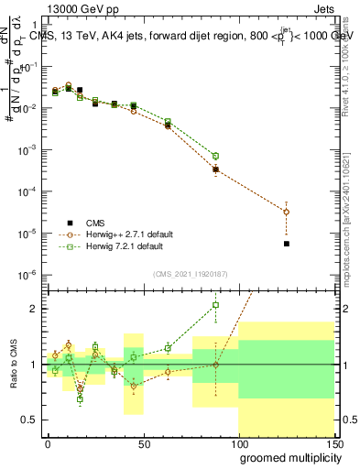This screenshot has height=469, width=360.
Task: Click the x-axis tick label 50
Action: [x=143, y=443]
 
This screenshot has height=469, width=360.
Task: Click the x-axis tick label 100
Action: [x=238, y=443]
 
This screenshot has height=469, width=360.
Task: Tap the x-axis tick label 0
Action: [x=49, y=443]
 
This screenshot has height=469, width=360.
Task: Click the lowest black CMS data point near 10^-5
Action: [x=287, y=244]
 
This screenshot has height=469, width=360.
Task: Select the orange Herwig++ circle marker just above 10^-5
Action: [x=287, y=212]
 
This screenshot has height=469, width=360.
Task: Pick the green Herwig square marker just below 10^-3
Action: [x=215, y=156]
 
